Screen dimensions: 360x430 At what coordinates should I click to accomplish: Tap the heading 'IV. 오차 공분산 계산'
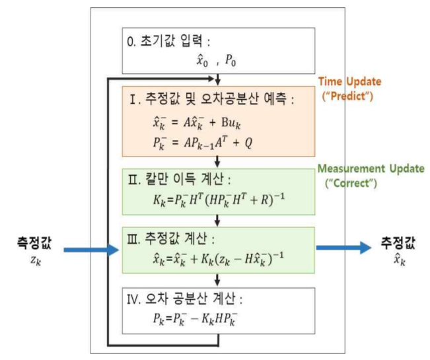click(186, 298)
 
